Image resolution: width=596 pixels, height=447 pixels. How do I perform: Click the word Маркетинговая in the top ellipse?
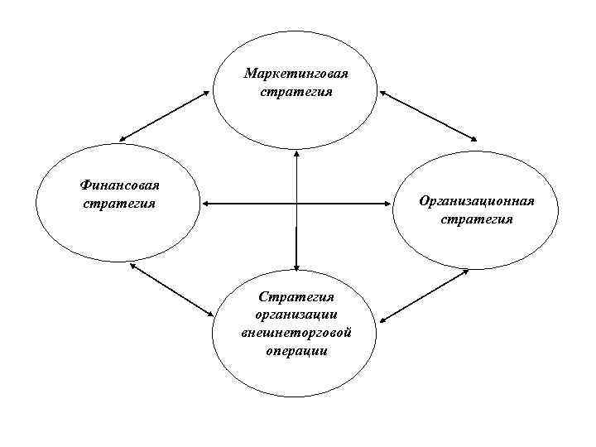click(296, 74)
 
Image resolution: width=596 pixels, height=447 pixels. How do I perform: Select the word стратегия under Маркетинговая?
click(296, 92)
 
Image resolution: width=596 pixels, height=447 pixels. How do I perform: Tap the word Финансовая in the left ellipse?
click(119, 185)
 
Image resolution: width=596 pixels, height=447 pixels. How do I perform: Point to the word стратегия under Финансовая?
click(119, 203)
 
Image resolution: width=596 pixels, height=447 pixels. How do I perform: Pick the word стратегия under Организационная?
click(477, 219)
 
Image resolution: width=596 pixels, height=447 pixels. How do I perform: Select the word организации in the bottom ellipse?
click(296, 314)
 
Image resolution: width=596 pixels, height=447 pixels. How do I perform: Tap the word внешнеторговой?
click(296, 333)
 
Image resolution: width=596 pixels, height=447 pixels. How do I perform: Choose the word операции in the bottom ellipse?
click(296, 351)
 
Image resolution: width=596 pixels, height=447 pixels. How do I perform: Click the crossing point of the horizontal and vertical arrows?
click(296, 203)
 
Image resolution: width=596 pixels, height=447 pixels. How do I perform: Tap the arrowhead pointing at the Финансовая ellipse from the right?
click(207, 203)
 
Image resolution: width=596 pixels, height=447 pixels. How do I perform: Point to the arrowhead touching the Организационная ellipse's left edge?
click(387, 203)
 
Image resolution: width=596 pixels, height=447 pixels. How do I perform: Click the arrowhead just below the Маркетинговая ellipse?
click(296, 154)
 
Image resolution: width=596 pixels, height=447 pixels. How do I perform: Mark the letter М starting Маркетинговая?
click(249, 74)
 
